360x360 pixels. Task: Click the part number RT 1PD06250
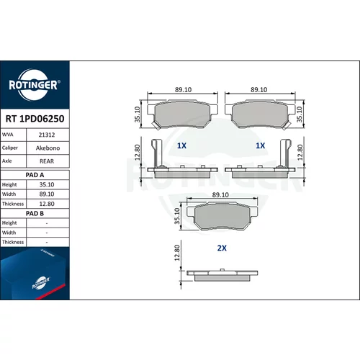tap(35, 119)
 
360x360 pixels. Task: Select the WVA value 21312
tap(47, 135)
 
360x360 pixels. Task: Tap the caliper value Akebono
tap(48, 148)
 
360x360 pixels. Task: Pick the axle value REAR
tap(47, 161)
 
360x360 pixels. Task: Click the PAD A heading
tap(35, 175)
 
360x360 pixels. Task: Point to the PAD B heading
tap(35, 213)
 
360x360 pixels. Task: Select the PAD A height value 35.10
tap(47, 184)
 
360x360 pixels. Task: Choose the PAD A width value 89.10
tap(47, 194)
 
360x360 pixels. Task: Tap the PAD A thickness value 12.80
tap(47, 204)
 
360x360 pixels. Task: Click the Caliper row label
tap(10, 148)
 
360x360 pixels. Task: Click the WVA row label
tap(7, 135)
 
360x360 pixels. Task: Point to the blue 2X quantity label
tap(222, 248)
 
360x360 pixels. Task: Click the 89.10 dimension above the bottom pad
tap(220, 195)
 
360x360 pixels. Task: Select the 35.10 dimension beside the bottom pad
tap(177, 216)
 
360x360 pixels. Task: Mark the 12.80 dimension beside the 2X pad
tap(177, 253)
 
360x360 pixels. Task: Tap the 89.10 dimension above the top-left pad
tap(183, 90)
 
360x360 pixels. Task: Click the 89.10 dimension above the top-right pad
tap(259, 90)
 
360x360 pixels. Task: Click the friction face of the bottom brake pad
tap(222, 217)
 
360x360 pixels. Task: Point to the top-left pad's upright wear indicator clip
tap(156, 153)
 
